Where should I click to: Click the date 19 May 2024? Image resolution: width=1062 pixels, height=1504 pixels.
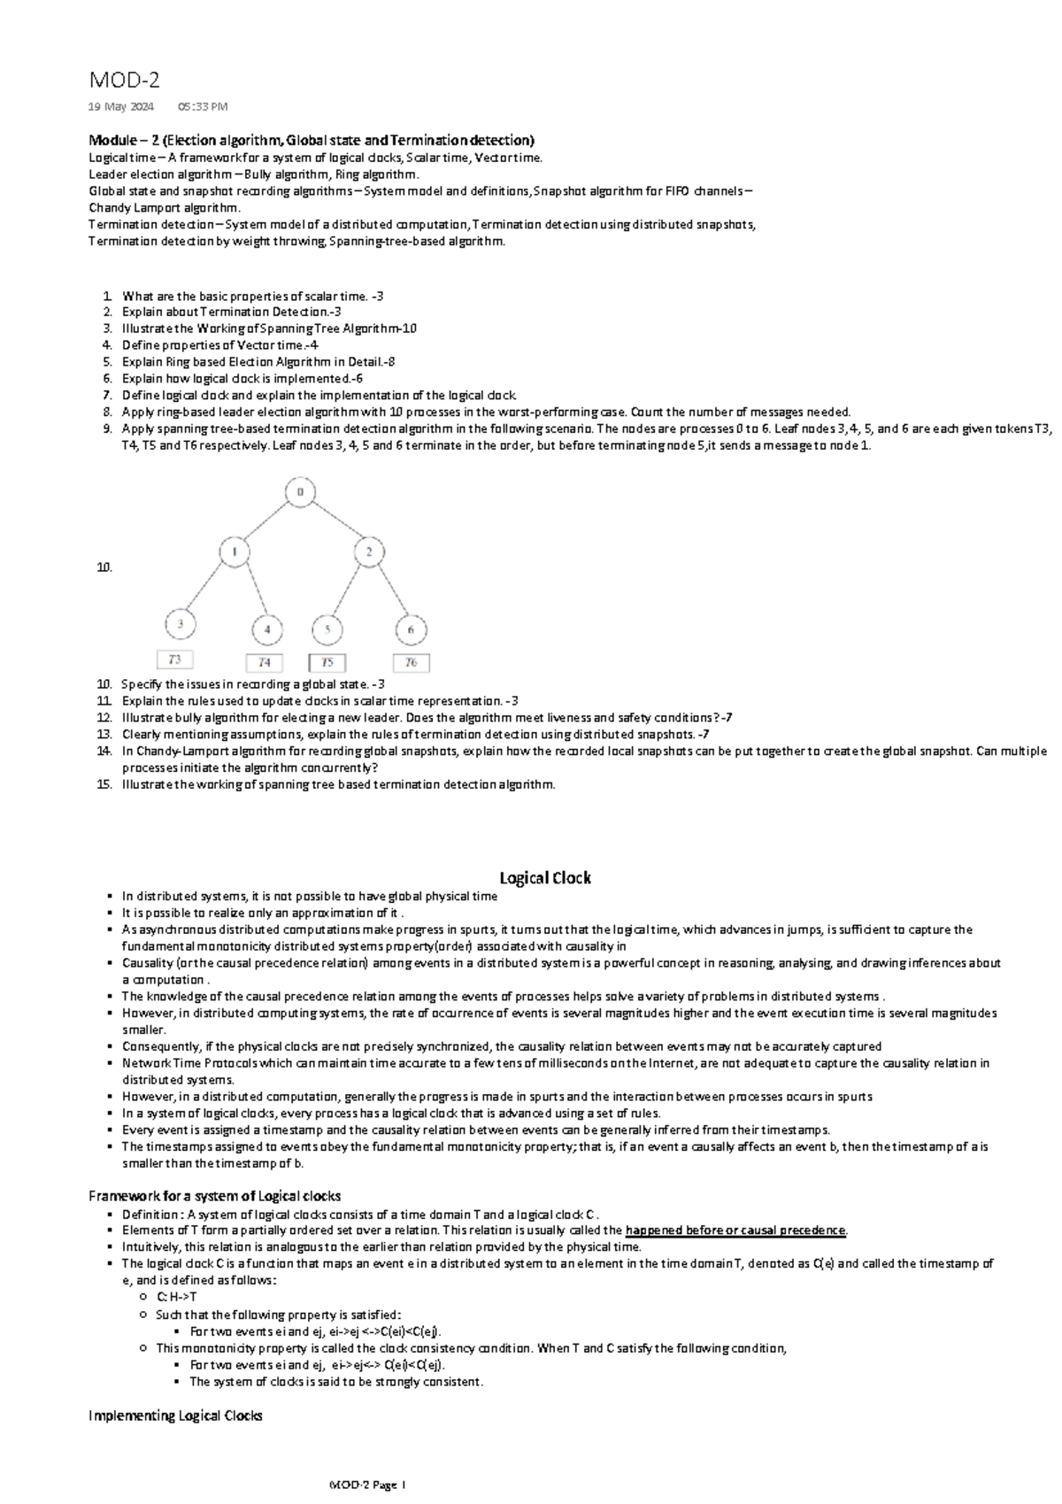pos(120,107)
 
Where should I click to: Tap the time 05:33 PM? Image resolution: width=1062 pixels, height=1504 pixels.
pos(202,107)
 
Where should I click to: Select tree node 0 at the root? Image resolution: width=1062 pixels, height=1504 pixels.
pos(301,492)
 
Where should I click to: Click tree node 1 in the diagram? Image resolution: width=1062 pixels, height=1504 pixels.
pos(235,553)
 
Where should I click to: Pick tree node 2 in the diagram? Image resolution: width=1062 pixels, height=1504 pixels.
pos(369,553)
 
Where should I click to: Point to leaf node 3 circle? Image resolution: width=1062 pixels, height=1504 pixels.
pos(180,625)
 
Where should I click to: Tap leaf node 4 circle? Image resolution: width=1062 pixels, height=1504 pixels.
pos(266,630)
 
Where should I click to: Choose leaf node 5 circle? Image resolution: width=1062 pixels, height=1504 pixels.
pos(327,630)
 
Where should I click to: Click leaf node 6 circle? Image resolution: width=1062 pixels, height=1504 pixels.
pos(411,630)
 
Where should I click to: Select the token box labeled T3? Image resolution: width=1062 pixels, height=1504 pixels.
pos(175,659)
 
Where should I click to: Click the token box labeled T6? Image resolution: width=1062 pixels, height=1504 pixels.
pos(411,663)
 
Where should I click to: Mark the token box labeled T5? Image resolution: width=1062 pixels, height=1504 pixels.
pos(327,663)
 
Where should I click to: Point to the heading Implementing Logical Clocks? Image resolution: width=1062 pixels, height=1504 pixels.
pos(175,1416)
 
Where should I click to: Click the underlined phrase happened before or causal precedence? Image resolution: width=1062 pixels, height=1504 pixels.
pos(735,1230)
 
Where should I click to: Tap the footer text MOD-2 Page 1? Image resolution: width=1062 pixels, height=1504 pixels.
pos(366,1485)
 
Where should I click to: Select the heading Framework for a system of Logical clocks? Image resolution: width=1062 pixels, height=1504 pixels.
pos(214,1196)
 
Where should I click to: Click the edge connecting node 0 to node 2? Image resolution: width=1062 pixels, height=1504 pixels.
pos(335,522)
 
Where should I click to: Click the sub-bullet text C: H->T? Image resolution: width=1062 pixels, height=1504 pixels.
pos(176,1297)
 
